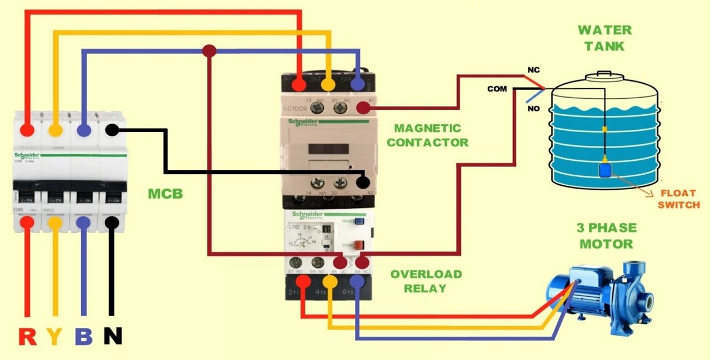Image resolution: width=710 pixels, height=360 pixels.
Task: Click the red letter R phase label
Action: click(x=28, y=336)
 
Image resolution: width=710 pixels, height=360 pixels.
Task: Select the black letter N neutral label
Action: click(x=113, y=336)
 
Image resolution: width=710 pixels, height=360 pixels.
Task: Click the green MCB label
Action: click(x=165, y=194)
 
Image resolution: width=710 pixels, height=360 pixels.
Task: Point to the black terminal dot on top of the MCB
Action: click(x=111, y=130)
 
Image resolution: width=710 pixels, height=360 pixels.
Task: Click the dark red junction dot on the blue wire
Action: click(x=209, y=52)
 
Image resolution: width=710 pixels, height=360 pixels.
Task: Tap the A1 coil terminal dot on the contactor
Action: click(x=363, y=108)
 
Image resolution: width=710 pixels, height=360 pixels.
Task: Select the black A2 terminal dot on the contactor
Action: click(x=363, y=181)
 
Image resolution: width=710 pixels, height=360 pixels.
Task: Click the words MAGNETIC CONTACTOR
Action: click(x=427, y=135)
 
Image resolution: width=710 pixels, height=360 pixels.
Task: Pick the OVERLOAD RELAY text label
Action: click(x=425, y=281)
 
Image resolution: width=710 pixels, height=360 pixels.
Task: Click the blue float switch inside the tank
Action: click(x=605, y=168)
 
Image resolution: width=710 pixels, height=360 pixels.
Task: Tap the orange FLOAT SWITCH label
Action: click(x=678, y=199)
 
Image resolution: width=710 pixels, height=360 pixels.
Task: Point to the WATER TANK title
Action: click(x=604, y=38)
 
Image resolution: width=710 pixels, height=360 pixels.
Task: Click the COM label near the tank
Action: click(x=497, y=89)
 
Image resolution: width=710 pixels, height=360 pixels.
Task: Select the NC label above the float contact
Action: click(x=534, y=70)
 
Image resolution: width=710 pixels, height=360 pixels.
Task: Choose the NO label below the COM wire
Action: click(x=534, y=108)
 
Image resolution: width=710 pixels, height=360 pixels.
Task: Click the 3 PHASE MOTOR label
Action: click(x=606, y=236)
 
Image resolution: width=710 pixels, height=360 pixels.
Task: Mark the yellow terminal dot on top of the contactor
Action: click(x=328, y=85)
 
